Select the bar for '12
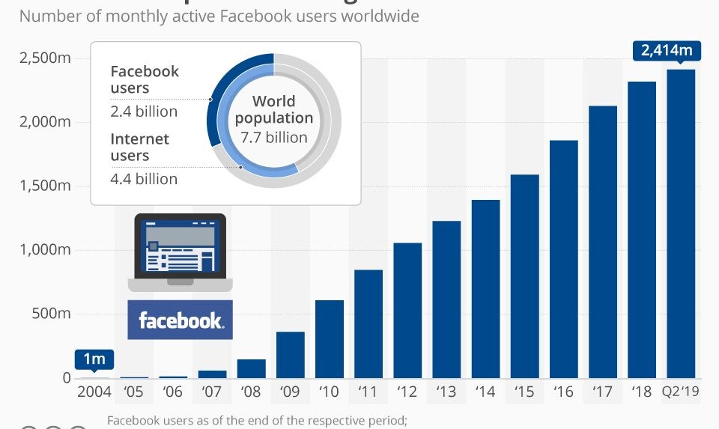pyautogui.click(x=407, y=310)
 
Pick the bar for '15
pyautogui.click(x=524, y=276)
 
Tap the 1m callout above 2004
pyautogui.click(x=94, y=359)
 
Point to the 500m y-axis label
pyautogui.click(x=51, y=314)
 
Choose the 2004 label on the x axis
pyautogui.click(x=94, y=392)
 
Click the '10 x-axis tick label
pyautogui.click(x=330, y=392)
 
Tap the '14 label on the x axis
pyautogui.click(x=485, y=392)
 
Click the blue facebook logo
pyautogui.click(x=180, y=320)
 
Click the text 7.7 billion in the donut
pyautogui.click(x=274, y=137)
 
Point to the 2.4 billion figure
pyautogui.click(x=144, y=112)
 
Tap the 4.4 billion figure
pyautogui.click(x=144, y=179)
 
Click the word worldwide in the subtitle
pyautogui.click(x=380, y=15)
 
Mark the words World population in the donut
pyautogui.click(x=274, y=109)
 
